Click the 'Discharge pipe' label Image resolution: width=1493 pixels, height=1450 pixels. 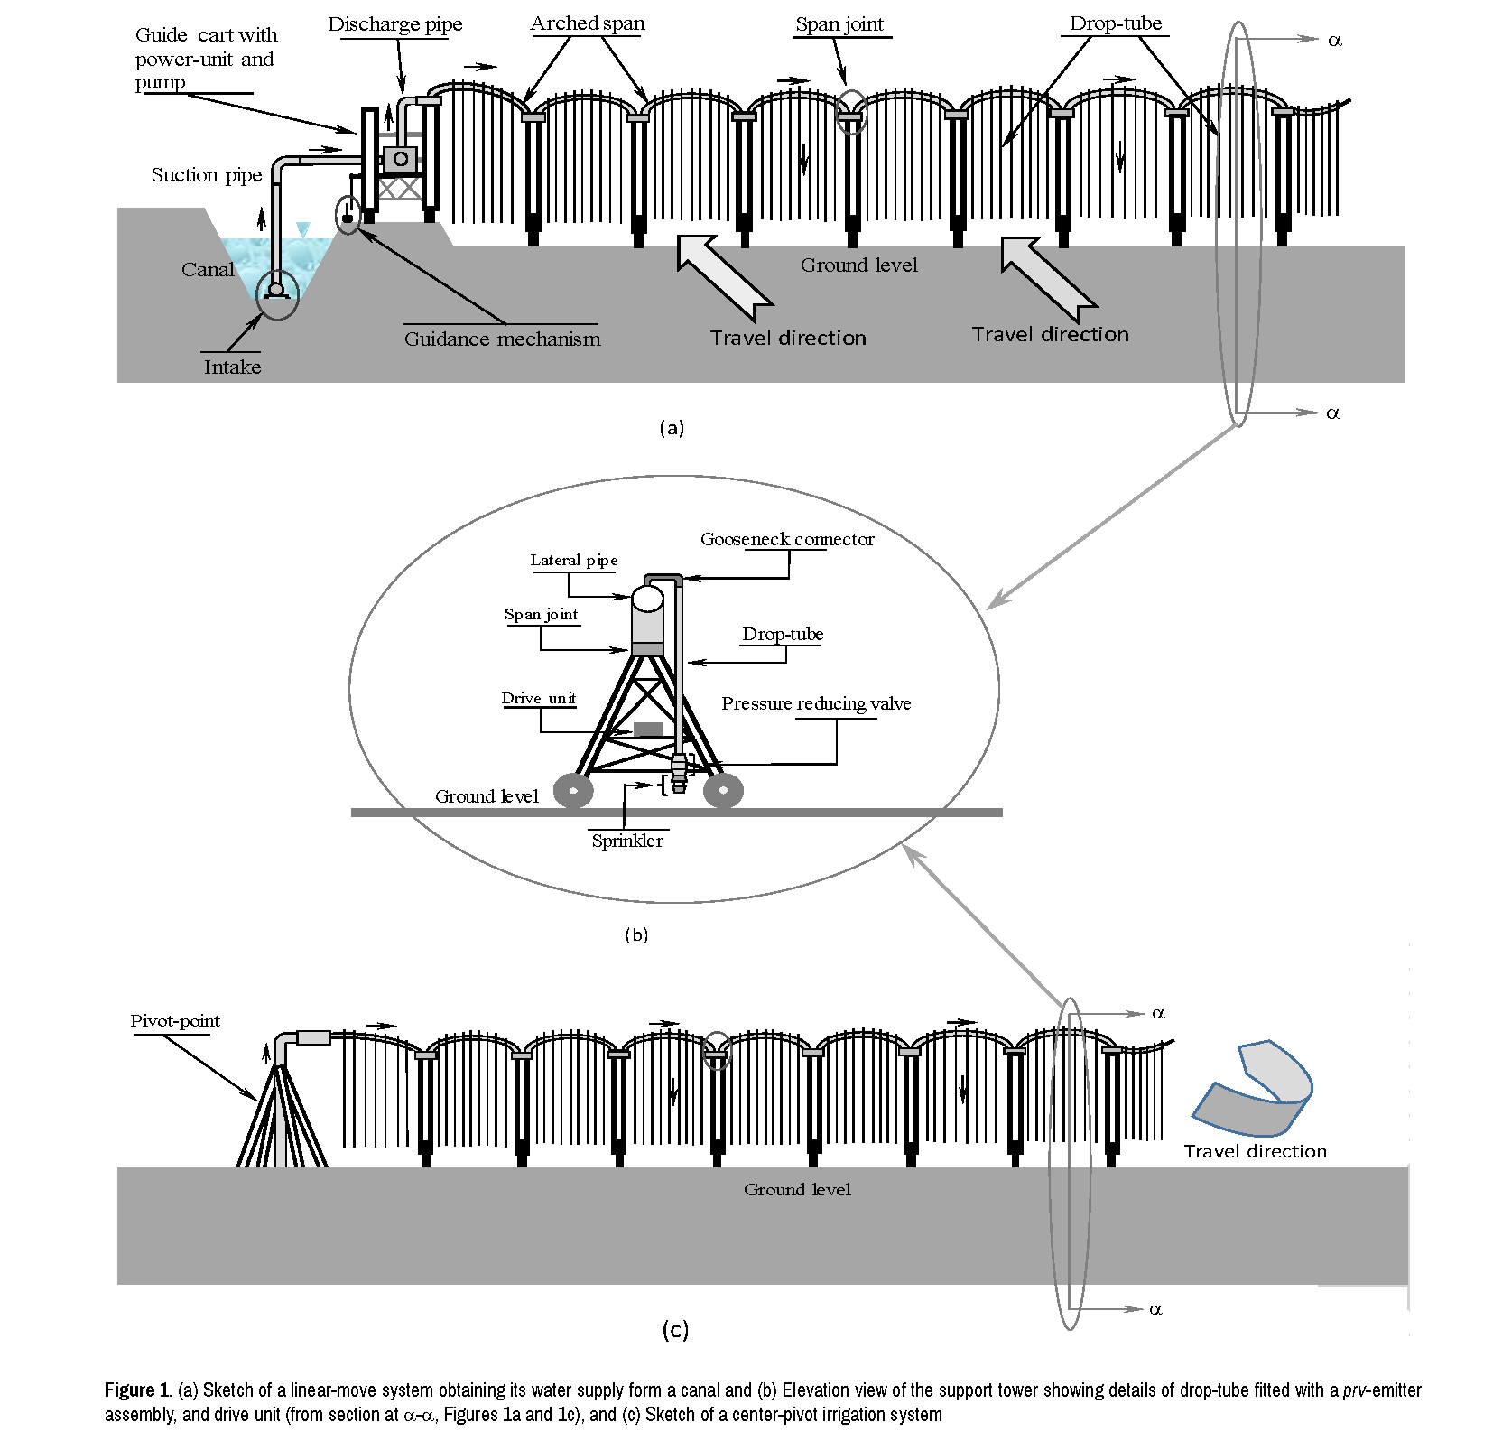[x=394, y=24]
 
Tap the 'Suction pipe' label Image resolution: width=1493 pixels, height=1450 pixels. [x=206, y=175]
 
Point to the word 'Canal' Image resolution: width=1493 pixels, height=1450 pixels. [x=207, y=270]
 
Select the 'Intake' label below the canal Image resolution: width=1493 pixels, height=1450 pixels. [x=232, y=367]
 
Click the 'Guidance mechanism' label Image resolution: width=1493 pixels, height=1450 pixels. [x=502, y=339]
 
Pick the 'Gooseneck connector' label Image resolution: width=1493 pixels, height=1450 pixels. [x=787, y=540]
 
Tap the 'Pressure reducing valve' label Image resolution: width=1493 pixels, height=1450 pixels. [x=816, y=704]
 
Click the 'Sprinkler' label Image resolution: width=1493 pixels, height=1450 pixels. [x=627, y=841]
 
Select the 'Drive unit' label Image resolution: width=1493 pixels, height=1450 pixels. [x=539, y=699]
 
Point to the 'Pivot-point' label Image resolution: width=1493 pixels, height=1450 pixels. [x=175, y=1021]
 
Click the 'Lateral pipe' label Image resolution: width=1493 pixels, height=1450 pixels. [x=574, y=561]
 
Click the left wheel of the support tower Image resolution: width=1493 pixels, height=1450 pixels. [x=573, y=791]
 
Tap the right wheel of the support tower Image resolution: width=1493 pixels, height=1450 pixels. [x=723, y=791]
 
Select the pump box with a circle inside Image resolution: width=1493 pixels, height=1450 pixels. [x=400, y=160]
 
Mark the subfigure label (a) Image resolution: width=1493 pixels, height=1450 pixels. [x=672, y=428]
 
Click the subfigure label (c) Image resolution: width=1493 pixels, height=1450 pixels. [x=675, y=1329]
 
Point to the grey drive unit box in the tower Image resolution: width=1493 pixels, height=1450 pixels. [x=648, y=729]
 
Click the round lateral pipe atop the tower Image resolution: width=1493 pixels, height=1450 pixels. [x=647, y=598]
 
